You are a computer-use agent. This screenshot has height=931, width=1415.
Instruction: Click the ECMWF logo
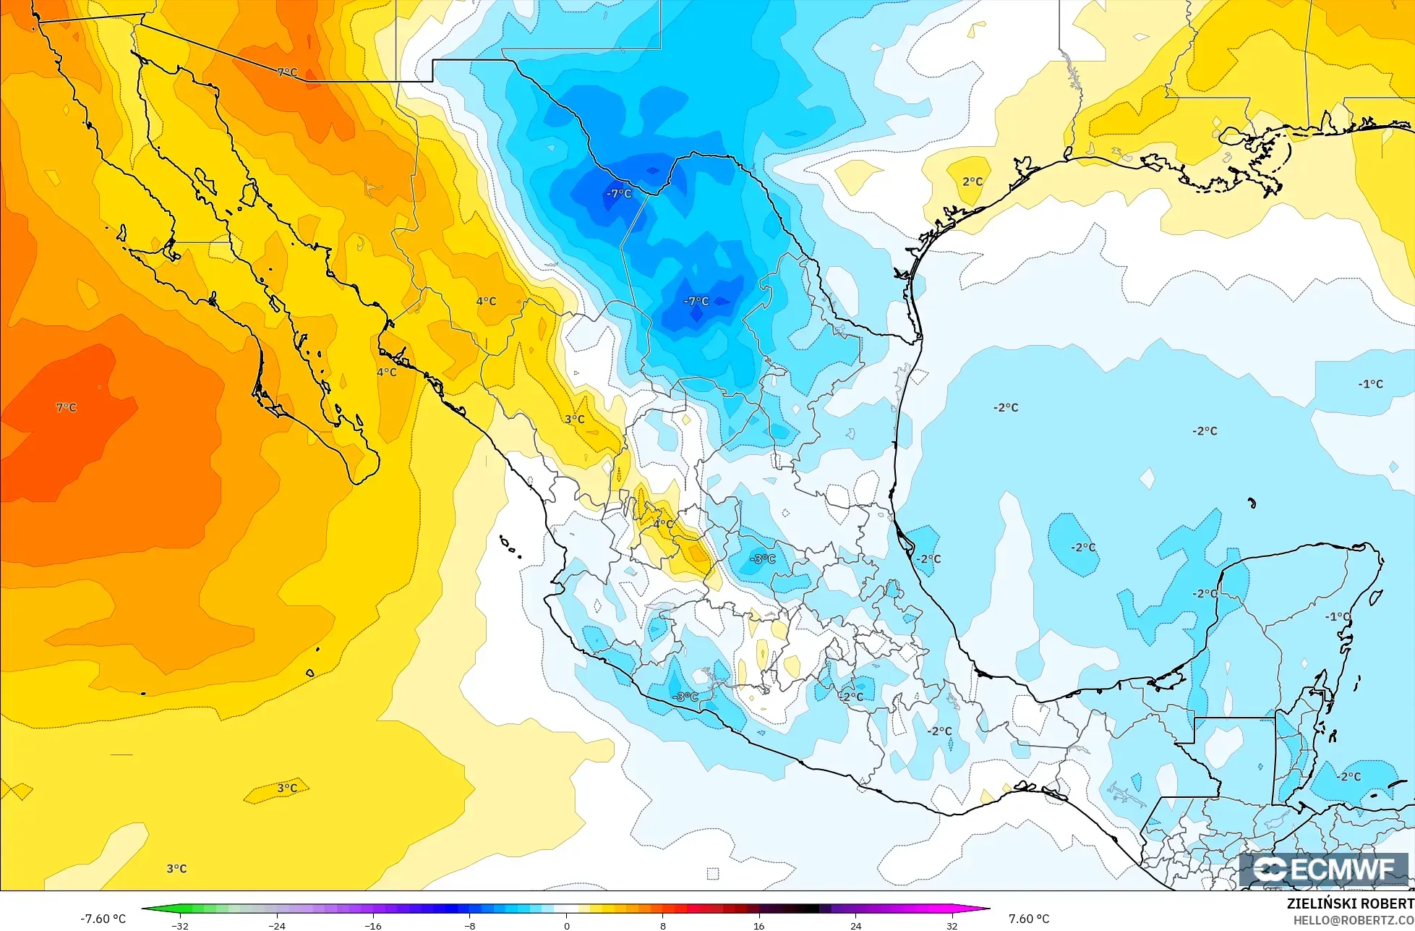pyautogui.click(x=1327, y=870)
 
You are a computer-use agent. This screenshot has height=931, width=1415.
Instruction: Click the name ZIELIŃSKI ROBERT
pyautogui.click(x=1350, y=904)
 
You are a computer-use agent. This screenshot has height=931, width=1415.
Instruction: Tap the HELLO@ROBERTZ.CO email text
pyautogui.click(x=1354, y=919)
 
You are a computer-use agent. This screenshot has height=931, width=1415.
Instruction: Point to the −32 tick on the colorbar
pyautogui.click(x=180, y=925)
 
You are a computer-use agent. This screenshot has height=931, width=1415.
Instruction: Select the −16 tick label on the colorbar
pyautogui.click(x=373, y=925)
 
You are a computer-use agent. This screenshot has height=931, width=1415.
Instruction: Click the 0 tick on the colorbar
pyautogui.click(x=566, y=925)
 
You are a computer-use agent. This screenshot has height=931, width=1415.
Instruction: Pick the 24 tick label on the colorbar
pyautogui.click(x=855, y=925)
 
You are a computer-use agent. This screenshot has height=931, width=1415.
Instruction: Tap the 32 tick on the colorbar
pyautogui.click(x=952, y=925)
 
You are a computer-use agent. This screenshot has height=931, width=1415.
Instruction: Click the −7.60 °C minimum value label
pyautogui.click(x=103, y=919)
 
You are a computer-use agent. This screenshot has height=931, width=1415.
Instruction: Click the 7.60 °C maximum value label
pyautogui.click(x=1029, y=919)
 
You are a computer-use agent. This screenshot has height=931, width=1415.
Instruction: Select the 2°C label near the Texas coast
pyautogui.click(x=972, y=182)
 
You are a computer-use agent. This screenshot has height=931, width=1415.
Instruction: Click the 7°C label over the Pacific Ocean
pyautogui.click(x=66, y=408)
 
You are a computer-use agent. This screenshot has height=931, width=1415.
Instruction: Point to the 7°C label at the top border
pyautogui.click(x=287, y=72)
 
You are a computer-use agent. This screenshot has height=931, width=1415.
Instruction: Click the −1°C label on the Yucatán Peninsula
pyautogui.click(x=1337, y=617)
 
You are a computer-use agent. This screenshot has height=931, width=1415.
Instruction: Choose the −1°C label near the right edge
pyautogui.click(x=1370, y=384)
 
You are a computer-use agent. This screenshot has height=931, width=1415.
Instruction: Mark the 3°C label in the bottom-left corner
pyautogui.click(x=176, y=869)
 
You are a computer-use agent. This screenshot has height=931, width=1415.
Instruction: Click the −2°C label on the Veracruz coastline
pyautogui.click(x=929, y=559)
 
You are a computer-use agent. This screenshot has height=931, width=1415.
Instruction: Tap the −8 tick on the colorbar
pyautogui.click(x=470, y=925)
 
